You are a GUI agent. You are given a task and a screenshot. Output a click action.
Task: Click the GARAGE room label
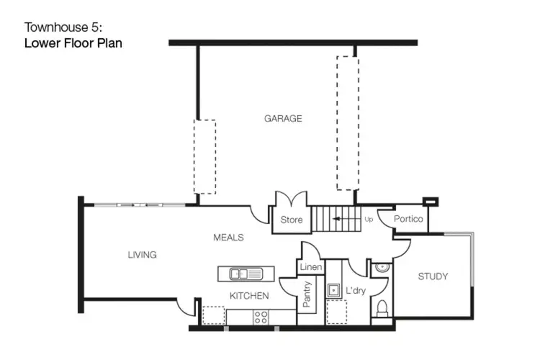(282, 119)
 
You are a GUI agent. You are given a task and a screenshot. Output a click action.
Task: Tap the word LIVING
(142, 255)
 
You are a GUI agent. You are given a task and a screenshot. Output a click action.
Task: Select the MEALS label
(228, 238)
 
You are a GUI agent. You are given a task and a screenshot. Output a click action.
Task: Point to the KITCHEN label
(249, 296)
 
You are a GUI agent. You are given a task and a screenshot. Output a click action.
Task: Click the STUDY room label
(433, 276)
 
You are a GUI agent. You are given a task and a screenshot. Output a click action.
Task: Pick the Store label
(291, 220)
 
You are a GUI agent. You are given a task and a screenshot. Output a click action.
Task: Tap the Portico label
(408, 220)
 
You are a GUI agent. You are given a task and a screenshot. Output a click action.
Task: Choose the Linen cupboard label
(310, 268)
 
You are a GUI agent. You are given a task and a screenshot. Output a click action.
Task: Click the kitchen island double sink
(246, 274)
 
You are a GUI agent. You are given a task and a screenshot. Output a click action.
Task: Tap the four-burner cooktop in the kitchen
(261, 316)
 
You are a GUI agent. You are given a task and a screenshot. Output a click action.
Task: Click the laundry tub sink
(335, 292)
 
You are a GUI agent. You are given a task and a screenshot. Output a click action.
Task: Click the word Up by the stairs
(369, 220)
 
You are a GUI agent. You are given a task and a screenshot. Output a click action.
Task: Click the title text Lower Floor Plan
(73, 42)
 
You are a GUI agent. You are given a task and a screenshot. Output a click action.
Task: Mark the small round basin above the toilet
(382, 268)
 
